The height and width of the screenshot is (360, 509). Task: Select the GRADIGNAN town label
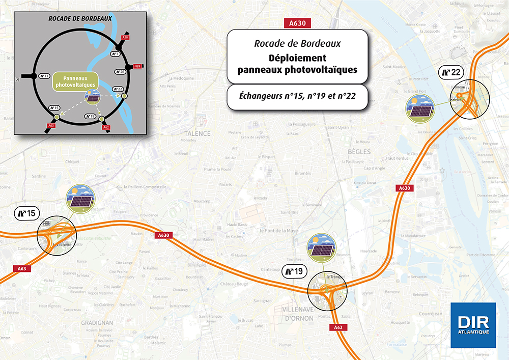point(97,322)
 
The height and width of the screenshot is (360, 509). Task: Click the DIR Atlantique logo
point(473,325)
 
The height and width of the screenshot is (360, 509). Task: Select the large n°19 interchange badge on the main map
point(294,271)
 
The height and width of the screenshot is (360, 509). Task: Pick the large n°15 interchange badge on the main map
point(25,213)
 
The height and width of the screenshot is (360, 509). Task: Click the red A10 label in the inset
point(125,38)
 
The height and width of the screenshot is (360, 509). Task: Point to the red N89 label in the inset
point(137,67)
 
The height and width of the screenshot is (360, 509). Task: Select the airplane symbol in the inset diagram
point(19,79)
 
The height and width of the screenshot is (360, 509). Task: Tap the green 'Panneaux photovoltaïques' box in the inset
point(70,81)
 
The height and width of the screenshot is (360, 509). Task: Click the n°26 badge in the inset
point(121,72)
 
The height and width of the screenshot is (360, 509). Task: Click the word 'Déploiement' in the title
point(297,58)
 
